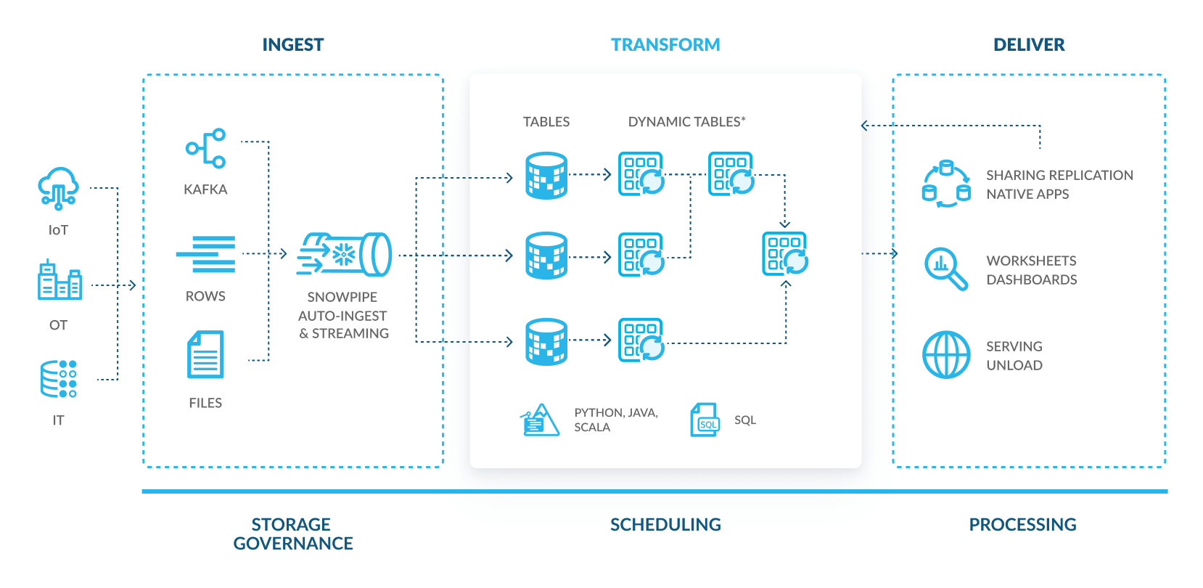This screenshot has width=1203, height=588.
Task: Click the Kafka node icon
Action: pyautogui.click(x=206, y=149)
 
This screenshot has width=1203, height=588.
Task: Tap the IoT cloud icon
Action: pyautogui.click(x=58, y=189)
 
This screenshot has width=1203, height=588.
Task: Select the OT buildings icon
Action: pyautogui.click(x=59, y=281)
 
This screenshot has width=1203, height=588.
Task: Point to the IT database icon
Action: pyautogui.click(x=59, y=379)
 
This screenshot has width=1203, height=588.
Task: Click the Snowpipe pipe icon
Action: pyautogui.click(x=345, y=255)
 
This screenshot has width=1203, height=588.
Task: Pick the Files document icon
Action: pyautogui.click(x=206, y=354)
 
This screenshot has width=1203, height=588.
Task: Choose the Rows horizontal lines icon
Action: pyautogui.click(x=206, y=254)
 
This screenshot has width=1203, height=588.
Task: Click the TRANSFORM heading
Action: pyautogui.click(x=665, y=45)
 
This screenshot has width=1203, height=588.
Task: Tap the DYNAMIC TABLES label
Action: pyautogui.click(x=686, y=122)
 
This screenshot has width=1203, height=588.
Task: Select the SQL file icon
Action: pyautogui.click(x=705, y=420)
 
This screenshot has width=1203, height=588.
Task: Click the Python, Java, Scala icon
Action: pyautogui.click(x=540, y=420)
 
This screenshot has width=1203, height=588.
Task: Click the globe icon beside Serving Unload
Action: pyautogui.click(x=946, y=355)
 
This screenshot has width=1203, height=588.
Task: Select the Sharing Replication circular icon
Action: pyautogui.click(x=946, y=184)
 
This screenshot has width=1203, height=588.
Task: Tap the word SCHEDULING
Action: pyautogui.click(x=665, y=525)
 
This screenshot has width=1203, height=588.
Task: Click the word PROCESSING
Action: pyautogui.click(x=1022, y=525)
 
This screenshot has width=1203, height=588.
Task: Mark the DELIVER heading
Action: pyautogui.click(x=1029, y=45)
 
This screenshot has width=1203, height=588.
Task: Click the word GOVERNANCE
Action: pyautogui.click(x=293, y=544)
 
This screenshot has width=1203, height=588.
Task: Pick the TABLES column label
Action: pyautogui.click(x=546, y=122)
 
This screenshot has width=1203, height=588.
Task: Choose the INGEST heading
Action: pyautogui.click(x=293, y=45)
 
